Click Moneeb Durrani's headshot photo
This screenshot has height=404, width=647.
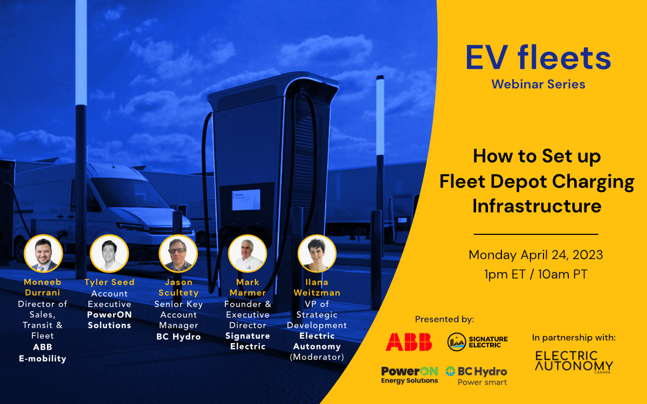44,254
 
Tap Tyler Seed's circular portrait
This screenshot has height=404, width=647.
109,254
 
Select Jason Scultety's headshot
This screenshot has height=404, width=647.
178,254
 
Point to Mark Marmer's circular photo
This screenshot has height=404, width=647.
247,254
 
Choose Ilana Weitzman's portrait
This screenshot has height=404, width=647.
317,254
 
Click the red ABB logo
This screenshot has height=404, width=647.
409,342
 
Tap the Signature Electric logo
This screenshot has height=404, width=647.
478,342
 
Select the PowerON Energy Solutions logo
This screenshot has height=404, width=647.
409,375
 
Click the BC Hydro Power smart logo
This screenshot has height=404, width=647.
477,375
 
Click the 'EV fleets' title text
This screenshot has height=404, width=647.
538,58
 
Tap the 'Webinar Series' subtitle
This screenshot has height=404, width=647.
538,84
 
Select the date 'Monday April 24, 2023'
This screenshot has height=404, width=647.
535,255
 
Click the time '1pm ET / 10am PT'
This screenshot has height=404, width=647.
535,274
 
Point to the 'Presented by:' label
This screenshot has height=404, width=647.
444,319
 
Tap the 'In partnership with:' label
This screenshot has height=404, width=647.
574,338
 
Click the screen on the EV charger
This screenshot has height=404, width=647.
246,200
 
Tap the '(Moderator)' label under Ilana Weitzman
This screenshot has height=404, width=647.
317,357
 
